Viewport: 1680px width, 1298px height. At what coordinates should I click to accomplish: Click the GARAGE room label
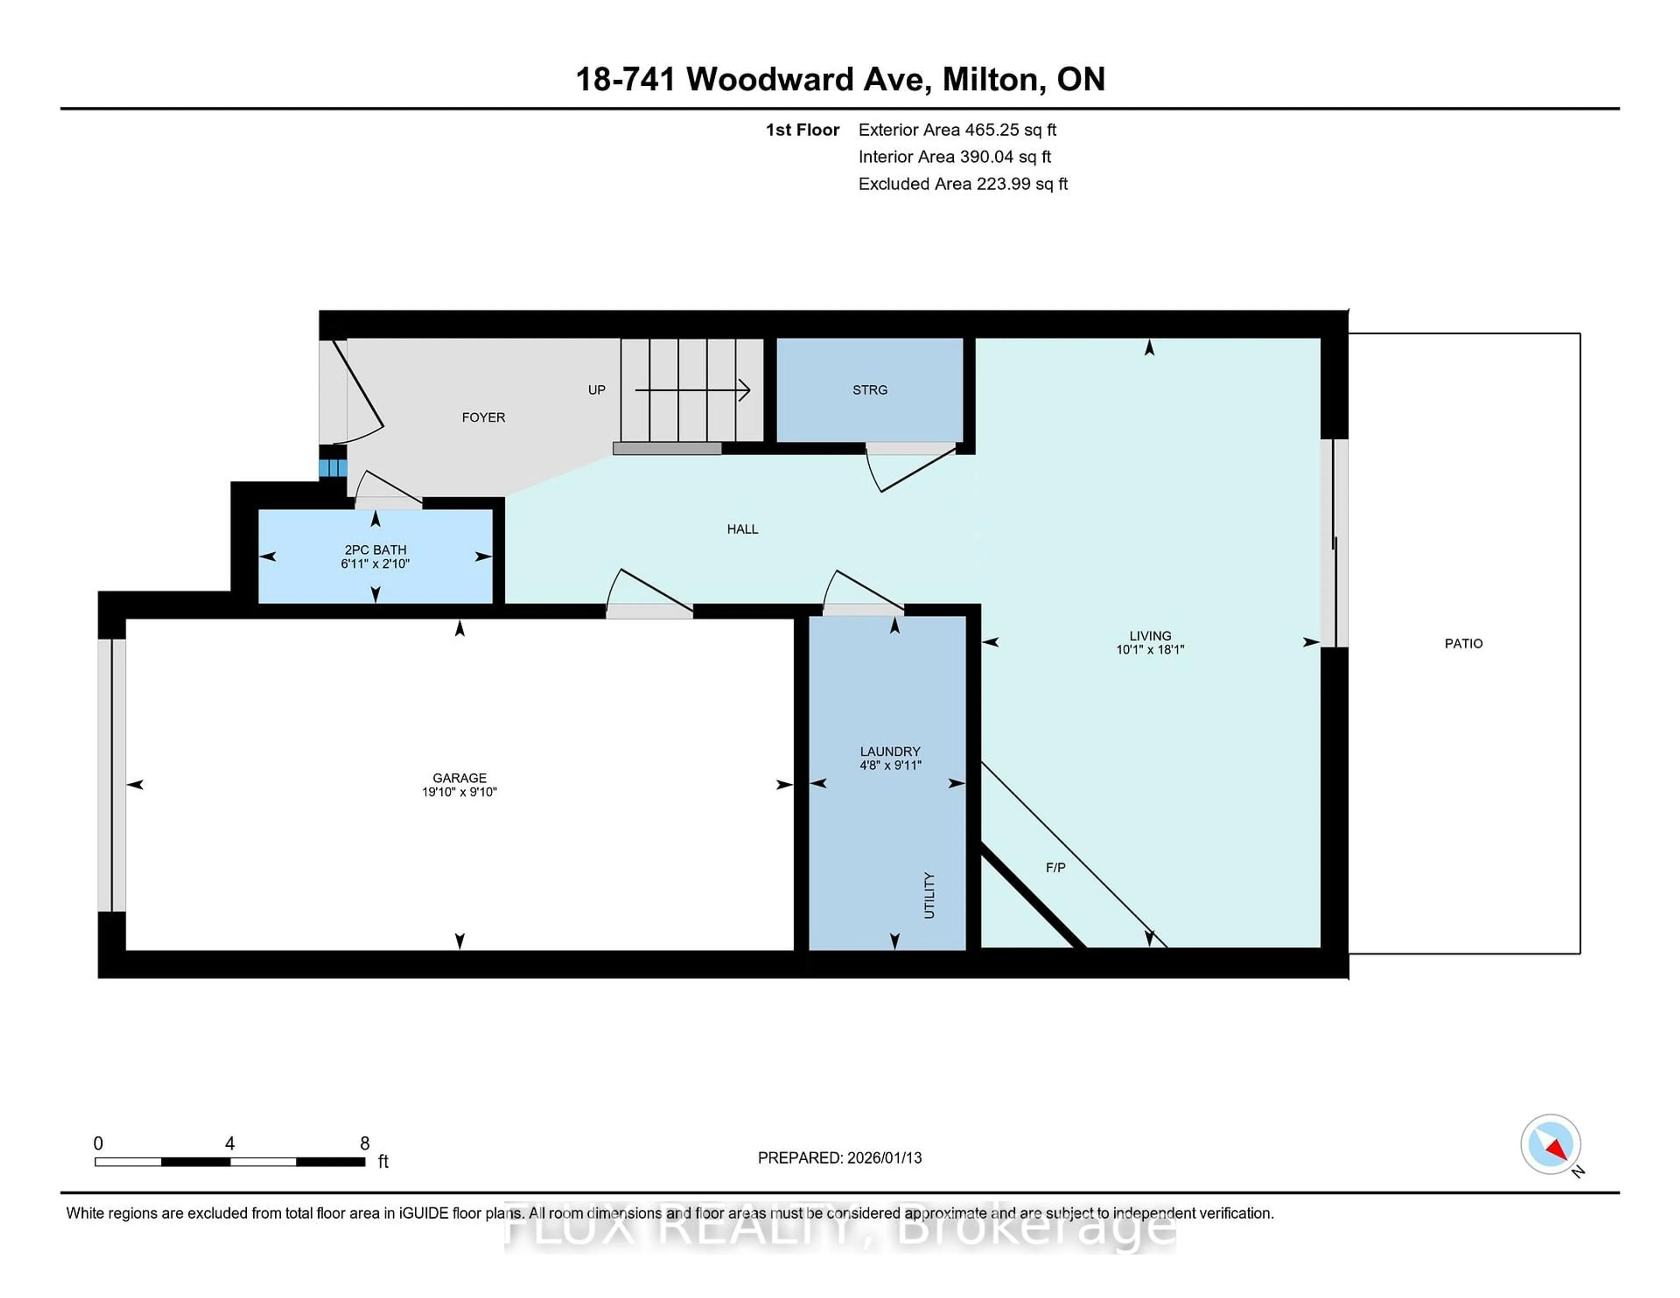pyautogui.click(x=459, y=778)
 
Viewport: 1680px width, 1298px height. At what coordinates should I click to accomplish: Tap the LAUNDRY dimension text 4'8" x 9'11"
pyautogui.click(x=890, y=765)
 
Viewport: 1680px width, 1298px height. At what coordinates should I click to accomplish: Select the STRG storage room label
pyautogui.click(x=869, y=390)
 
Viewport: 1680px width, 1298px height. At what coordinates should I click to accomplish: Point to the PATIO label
pyautogui.click(x=1463, y=644)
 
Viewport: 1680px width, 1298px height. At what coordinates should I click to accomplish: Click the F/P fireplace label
pyautogui.click(x=1055, y=867)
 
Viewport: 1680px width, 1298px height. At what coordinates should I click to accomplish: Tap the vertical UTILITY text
pyautogui.click(x=929, y=895)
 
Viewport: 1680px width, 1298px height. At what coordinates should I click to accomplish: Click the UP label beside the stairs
pyautogui.click(x=596, y=390)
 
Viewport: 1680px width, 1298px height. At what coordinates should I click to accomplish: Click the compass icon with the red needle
pyautogui.click(x=1550, y=1144)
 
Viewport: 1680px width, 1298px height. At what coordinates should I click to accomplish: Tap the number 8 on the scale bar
pyautogui.click(x=364, y=1144)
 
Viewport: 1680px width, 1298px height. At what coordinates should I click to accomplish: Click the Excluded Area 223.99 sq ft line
pyautogui.click(x=962, y=184)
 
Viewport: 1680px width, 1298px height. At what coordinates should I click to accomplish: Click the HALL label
pyautogui.click(x=742, y=529)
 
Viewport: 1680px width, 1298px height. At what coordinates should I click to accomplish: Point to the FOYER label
pyautogui.click(x=483, y=418)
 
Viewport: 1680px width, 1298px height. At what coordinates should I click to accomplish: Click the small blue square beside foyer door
pyautogui.click(x=333, y=468)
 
